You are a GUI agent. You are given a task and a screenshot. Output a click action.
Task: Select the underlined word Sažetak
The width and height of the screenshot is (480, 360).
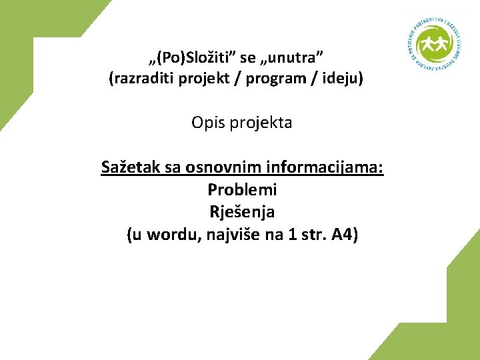130,167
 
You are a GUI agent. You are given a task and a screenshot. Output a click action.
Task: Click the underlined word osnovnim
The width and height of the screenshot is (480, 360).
221,167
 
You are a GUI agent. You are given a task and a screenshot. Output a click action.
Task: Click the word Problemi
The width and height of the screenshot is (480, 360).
242,190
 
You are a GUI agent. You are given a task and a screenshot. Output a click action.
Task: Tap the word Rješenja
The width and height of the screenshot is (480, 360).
242,213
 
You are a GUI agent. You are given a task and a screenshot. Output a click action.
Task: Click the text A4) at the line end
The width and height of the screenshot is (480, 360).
345,235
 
